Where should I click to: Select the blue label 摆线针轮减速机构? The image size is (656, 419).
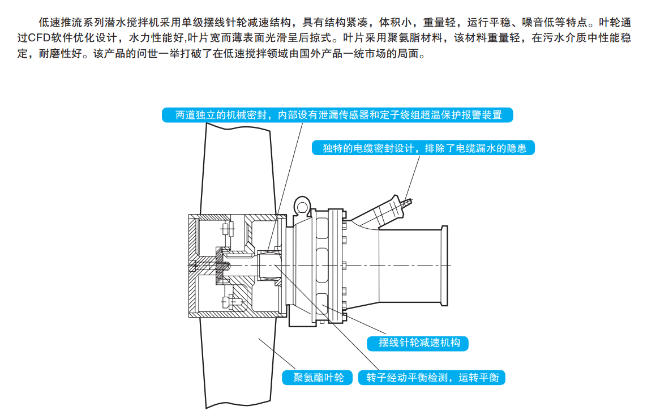(x=419, y=343)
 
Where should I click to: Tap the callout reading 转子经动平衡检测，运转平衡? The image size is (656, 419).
(x=432, y=378)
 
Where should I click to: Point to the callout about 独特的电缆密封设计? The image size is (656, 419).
(x=424, y=148)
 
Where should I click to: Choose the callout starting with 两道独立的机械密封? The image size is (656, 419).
(x=338, y=115)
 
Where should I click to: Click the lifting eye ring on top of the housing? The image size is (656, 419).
(x=301, y=203)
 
